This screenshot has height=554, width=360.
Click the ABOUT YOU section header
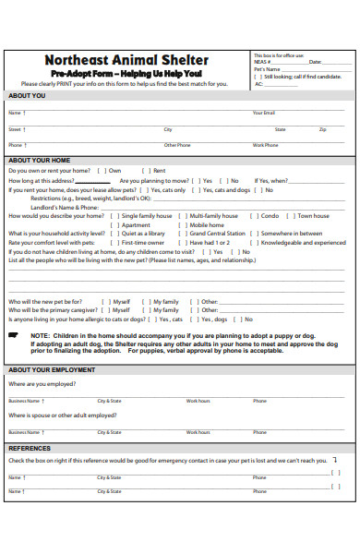click(x=27, y=96)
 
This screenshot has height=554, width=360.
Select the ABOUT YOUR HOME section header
click(x=40, y=160)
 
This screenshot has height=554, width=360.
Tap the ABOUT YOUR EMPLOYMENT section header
click(x=52, y=370)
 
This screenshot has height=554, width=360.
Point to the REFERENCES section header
click(x=30, y=448)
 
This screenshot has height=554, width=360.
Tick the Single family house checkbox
click(x=115, y=216)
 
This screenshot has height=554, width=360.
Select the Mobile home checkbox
click(x=184, y=225)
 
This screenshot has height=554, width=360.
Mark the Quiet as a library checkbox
click(x=115, y=234)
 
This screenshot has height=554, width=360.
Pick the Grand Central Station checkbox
click(x=184, y=234)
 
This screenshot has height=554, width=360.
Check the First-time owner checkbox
click(x=115, y=242)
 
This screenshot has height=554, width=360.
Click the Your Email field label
click(x=264, y=113)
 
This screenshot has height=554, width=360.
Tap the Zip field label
click(x=323, y=130)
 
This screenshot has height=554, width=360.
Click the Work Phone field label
click(x=265, y=145)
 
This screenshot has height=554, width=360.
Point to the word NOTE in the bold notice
click(x=41, y=336)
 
